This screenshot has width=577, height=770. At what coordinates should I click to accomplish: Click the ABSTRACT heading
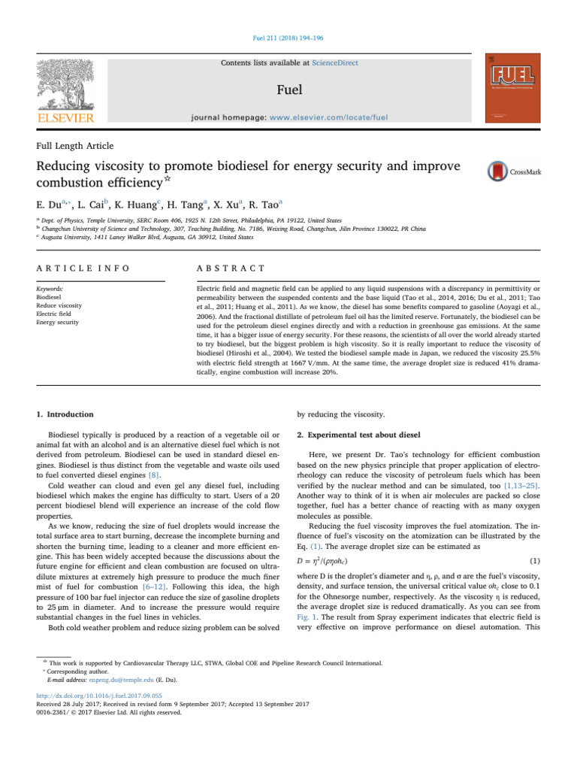point(231,268)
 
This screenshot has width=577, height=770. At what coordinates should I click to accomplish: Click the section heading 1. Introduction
point(65,414)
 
